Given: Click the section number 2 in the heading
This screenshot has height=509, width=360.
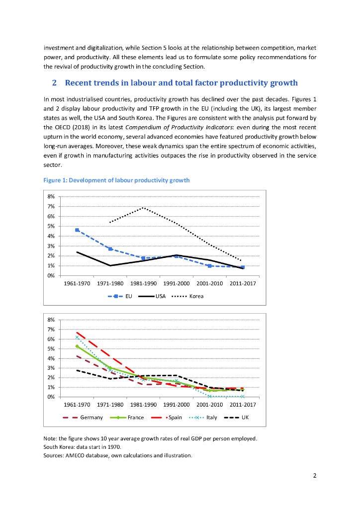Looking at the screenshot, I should click(x=55, y=83).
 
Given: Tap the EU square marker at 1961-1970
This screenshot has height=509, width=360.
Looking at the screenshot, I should click(x=77, y=230).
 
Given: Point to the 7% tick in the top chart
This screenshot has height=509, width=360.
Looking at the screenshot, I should click(x=52, y=206).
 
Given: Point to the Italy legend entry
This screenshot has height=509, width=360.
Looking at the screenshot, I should click(x=211, y=418).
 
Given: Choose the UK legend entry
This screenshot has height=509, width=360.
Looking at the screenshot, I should click(x=245, y=418).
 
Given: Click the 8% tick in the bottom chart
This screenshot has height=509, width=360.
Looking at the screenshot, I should click(x=52, y=320).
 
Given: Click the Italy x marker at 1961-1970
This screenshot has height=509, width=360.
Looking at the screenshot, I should click(x=77, y=338).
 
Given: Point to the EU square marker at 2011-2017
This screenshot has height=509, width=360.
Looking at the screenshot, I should click(x=243, y=267).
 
